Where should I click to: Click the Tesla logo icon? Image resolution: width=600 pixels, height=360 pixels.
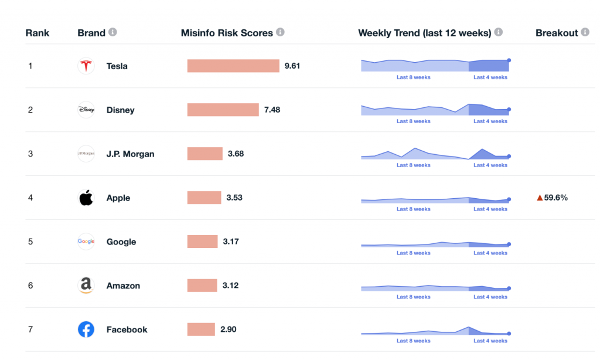pos(86,66)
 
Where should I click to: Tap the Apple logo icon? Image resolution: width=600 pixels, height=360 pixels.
pos(86,198)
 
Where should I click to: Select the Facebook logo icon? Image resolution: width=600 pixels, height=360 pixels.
pos(86,330)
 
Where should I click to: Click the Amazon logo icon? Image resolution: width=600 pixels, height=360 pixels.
pos(86,286)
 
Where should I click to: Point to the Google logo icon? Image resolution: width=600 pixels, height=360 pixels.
pos(86,242)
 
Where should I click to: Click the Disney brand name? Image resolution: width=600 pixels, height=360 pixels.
pos(120,110)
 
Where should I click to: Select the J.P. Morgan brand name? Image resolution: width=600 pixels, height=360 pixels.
pos(130,154)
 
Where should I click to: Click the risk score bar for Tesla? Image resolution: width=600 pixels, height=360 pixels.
pos(233,66)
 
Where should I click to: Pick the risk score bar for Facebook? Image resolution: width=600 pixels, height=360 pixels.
pos(201,330)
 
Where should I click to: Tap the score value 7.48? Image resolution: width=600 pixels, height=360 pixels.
pos(272,110)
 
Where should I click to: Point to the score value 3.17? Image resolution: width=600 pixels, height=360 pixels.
pos(231,242)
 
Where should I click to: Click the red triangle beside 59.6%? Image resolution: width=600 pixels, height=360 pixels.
pos(540,198)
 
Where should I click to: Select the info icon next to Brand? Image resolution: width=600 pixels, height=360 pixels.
pos(112,32)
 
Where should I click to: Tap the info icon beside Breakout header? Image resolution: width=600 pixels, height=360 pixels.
pos(585,32)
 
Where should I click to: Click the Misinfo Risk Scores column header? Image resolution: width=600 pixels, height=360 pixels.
pos(227,33)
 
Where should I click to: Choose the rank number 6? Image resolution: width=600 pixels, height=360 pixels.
pos(30,286)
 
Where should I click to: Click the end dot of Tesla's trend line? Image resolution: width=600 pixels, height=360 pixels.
pos(509,60)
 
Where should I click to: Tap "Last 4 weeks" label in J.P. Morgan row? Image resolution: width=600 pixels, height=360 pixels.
pos(490,165)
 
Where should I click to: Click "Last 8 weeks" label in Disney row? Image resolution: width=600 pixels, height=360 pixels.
pos(413,121)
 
